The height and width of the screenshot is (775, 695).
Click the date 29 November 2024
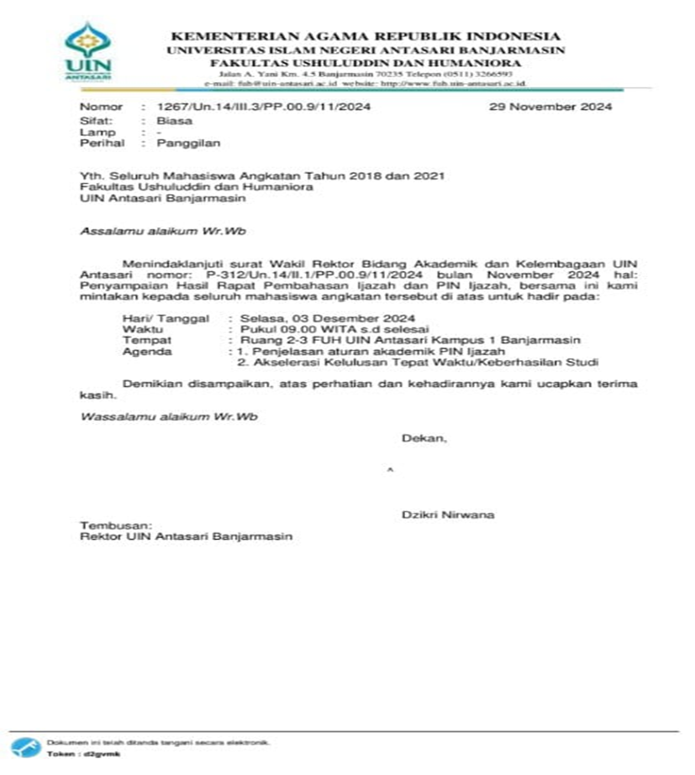point(550,107)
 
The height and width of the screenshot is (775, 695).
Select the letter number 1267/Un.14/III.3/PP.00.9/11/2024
point(258,107)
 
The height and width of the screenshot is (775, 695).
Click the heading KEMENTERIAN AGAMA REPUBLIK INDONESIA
point(365,36)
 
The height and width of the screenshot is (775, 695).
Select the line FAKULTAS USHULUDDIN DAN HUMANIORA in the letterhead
point(365,62)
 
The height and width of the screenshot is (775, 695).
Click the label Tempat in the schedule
point(147,340)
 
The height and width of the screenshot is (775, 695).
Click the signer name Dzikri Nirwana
point(448,514)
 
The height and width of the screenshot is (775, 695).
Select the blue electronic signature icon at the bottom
point(28,746)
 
